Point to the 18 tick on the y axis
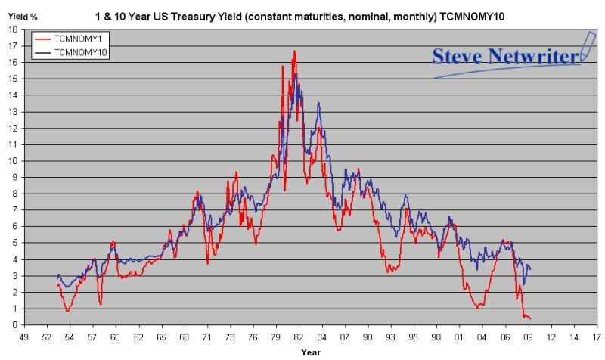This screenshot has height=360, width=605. click(x=14, y=29)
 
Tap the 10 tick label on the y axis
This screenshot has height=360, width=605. click(x=14, y=160)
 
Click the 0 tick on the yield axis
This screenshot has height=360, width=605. click(x=15, y=325)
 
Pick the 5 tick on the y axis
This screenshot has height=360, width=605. click(x=15, y=243)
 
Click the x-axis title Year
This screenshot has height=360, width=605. click(x=310, y=352)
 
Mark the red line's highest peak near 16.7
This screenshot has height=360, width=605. click(x=294, y=51)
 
